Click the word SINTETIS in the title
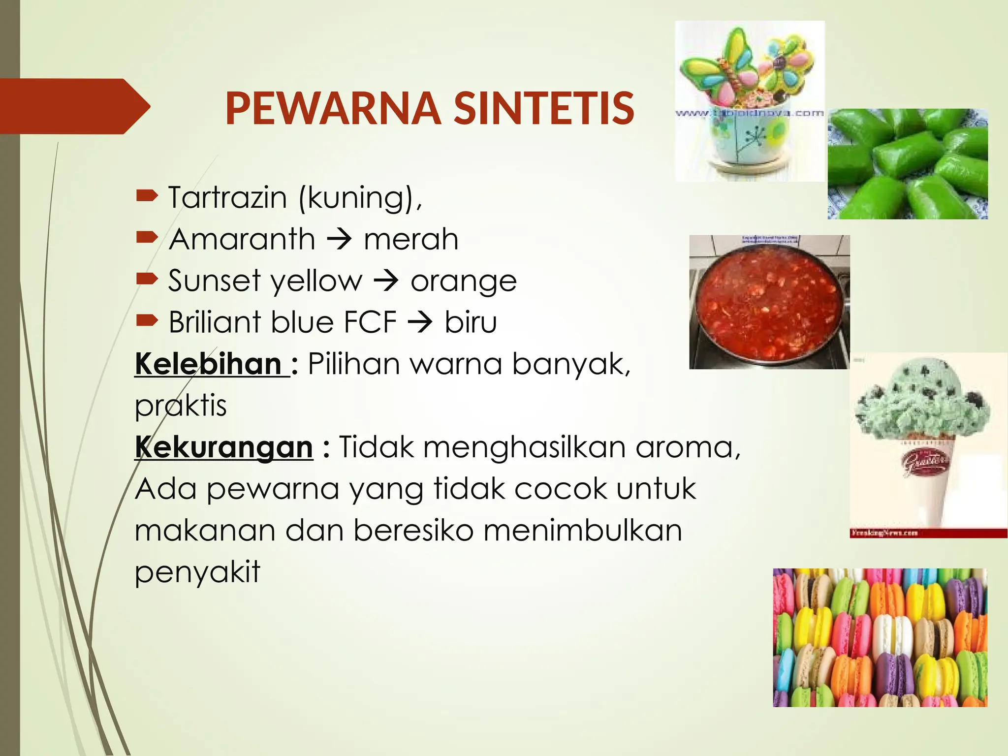tap(543, 109)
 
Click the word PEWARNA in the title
tap(333, 109)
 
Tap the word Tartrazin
tap(227, 198)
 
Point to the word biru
tap(471, 323)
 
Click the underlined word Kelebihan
tap(208, 364)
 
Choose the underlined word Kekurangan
tap(224, 447)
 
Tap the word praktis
tap(181, 406)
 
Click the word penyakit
tap(197, 572)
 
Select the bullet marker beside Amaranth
tap(147, 239)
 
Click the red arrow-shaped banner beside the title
tap(74, 106)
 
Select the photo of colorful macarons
tap(880, 637)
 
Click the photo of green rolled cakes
tap(908, 164)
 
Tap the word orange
tap(464, 282)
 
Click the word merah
tap(411, 240)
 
